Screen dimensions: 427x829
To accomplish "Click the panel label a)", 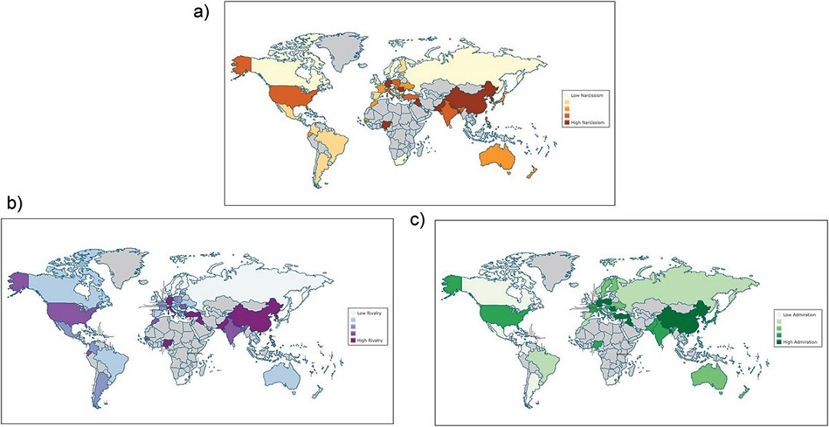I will (205, 12).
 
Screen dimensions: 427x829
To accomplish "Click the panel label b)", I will (14, 203).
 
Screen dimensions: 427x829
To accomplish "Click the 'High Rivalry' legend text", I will (368, 339).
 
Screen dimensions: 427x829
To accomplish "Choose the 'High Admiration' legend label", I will (797, 340).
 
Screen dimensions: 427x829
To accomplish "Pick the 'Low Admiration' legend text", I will (796, 315).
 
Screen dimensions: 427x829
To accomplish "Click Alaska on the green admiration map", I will (454, 283).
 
